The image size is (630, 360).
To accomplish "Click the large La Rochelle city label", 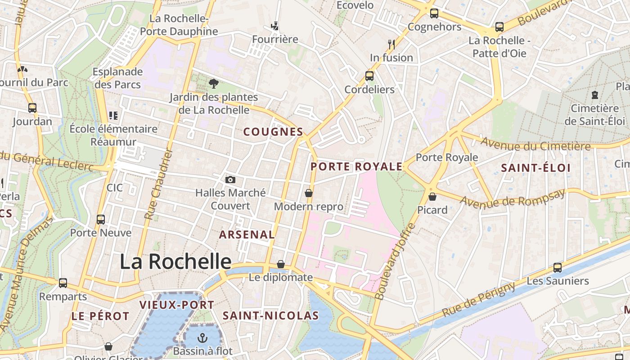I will coord(175,261).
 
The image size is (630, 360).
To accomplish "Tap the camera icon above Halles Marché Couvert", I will coord(230,180).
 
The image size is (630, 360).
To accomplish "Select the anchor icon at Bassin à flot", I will coord(203,337).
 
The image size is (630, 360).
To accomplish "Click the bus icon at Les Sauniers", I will coord(558,268).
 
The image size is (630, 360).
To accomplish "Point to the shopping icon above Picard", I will coord(432,197).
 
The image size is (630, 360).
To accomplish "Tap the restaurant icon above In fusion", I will coord(391,44).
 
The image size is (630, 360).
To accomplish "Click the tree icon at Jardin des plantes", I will coord(213,83).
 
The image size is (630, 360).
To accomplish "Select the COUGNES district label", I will coord(273,132).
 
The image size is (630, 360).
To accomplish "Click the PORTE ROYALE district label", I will coord(356,166).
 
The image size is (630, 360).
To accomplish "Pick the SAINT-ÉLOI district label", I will coord(535,168).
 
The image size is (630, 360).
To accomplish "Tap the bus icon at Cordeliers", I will coord(369,76).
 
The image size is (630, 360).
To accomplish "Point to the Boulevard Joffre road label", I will coord(394,261).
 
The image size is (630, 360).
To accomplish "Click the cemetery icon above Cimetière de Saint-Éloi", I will coord(595,95).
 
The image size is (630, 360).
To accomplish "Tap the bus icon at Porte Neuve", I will coord(101,220).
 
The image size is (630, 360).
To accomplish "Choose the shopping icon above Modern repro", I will coord(309,193).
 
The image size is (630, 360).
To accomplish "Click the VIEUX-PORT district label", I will coord(177,305).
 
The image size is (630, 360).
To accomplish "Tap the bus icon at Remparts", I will coord(63,283).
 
